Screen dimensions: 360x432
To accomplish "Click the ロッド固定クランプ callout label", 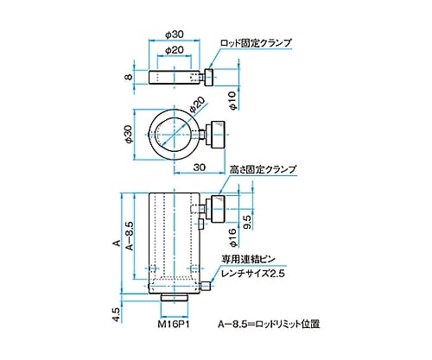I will pyautogui.click(x=257, y=41).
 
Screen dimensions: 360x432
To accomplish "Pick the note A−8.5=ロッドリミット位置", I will pyautogui.click(x=270, y=325).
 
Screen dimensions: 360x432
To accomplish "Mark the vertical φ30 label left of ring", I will pyautogui.click(x=126, y=133).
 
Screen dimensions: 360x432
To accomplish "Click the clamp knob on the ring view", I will pyautogui.click(x=216, y=134).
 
